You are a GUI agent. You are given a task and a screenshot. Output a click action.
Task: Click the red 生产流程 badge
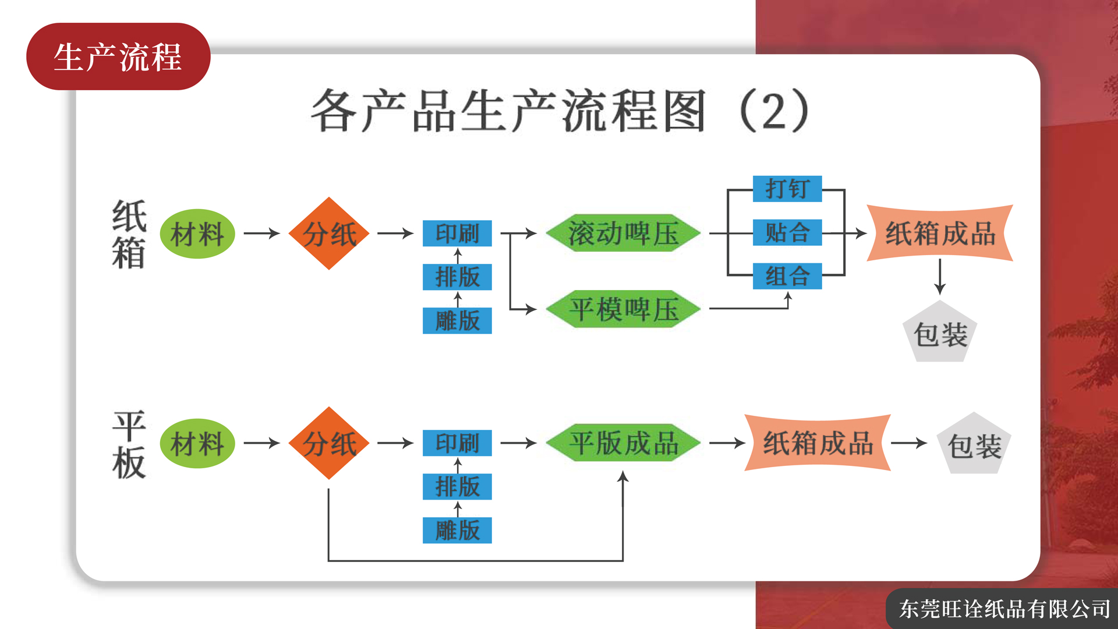118,56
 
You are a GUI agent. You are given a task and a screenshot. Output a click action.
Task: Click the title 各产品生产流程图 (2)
560,111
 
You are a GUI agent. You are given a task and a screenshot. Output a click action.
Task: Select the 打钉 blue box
787,189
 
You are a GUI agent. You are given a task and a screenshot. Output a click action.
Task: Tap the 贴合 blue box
787,232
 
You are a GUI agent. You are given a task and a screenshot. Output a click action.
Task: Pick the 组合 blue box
787,276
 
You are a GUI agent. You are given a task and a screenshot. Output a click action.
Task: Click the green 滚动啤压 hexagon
623,233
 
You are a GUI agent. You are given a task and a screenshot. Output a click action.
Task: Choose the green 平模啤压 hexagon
623,309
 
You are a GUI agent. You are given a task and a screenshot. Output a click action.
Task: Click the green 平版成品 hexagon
623,443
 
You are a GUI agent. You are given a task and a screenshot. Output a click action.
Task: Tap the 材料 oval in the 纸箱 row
197,234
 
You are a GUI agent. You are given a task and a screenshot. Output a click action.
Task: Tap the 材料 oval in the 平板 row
197,443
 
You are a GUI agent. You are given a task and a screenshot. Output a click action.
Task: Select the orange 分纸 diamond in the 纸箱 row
329,234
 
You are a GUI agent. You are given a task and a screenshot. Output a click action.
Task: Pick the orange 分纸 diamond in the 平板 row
329,443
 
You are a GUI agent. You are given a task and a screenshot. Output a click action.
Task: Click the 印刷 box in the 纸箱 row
457,234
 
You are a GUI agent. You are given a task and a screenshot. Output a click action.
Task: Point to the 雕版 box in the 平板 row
457,531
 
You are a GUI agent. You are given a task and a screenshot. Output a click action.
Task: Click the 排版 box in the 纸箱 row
457,277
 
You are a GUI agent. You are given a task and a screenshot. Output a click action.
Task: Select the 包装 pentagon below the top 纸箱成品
940,332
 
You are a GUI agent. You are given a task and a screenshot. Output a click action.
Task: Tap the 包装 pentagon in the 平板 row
974,444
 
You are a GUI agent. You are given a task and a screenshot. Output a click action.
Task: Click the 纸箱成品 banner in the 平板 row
818,443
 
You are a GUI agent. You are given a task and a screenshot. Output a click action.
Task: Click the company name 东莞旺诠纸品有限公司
1004,609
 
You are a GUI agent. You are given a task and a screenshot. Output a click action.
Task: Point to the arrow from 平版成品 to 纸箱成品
727,443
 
